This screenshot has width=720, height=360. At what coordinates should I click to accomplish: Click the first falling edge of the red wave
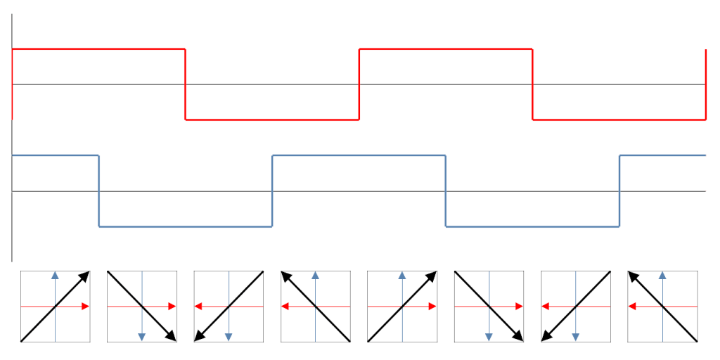pos(185,84)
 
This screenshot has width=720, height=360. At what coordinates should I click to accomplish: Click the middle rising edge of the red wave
pos(359,84)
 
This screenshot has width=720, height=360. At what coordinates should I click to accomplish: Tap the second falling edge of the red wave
pos(532,84)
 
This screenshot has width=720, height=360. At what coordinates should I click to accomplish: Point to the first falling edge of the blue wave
pos(98,191)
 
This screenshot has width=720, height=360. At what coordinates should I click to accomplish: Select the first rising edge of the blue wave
pos(272,191)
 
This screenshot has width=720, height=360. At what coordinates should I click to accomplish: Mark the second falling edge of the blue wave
pos(446,191)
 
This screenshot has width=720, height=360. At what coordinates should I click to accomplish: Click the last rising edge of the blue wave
pos(619,191)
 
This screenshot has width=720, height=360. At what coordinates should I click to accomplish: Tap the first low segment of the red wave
pos(272,120)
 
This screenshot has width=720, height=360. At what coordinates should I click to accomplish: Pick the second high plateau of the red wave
pos(446,49)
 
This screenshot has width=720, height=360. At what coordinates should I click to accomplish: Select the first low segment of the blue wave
pos(185,226)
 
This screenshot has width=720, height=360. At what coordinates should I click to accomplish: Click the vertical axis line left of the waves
pos(12,211)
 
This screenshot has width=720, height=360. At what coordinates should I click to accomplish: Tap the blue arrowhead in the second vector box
pos(141,337)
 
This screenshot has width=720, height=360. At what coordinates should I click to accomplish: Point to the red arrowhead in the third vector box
pos(199,306)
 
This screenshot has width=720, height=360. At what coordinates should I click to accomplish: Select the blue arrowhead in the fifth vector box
pos(401,275)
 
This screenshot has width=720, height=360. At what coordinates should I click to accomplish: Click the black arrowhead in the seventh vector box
pos(546,337)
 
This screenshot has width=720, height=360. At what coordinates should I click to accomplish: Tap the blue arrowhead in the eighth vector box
pos(662,275)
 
